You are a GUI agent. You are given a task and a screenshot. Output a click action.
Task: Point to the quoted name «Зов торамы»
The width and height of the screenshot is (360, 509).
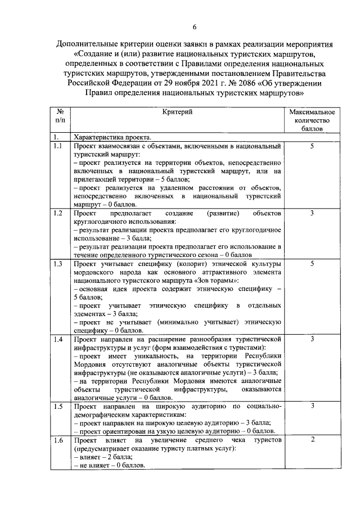coord(217,280)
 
